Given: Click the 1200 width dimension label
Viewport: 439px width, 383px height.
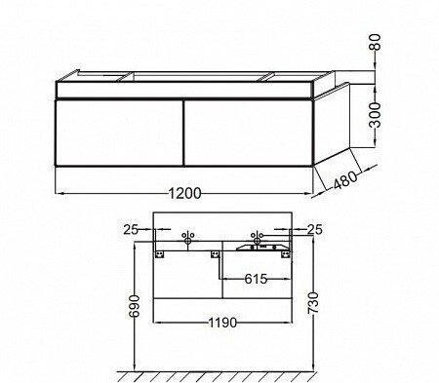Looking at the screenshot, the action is tap(185, 194).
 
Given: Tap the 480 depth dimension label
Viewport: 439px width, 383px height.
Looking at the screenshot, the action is tap(345, 180).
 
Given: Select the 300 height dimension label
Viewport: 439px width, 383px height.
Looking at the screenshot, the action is tap(376, 115).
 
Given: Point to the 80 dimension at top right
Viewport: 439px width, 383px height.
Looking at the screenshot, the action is tap(376, 42).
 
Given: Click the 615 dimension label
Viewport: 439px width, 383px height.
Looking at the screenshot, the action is tap(256, 279).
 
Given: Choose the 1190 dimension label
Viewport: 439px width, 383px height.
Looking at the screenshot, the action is tap(222, 323).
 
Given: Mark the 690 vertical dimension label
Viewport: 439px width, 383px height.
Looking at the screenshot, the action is tap(135, 306).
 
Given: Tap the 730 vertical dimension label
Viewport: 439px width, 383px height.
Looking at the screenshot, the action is tap(313, 303).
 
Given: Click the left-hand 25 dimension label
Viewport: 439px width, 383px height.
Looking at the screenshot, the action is tap(131, 230).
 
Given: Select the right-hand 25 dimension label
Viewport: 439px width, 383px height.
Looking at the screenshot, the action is tap(314, 230).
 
